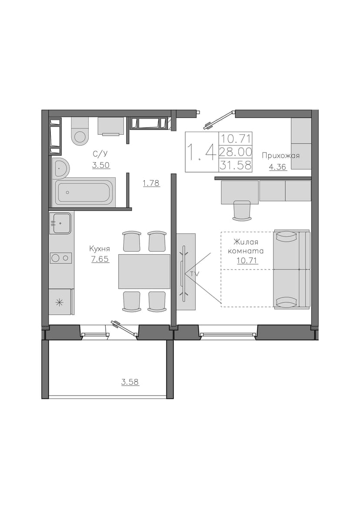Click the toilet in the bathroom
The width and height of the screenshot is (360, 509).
coord(80,131)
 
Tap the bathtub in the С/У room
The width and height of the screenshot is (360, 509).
coord(86,192)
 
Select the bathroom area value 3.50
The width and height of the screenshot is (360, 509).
coord(101,165)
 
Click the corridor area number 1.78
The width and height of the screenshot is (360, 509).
coord(151,183)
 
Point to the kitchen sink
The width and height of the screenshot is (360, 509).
coord(60,223)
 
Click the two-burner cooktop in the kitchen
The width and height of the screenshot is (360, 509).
coord(61,258)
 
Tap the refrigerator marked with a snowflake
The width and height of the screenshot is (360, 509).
coord(61,302)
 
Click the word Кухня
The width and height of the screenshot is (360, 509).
coord(100,249)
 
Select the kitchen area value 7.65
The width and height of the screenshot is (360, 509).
coord(100,259)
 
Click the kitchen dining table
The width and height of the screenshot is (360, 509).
coord(144,271)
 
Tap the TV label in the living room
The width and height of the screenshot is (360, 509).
coord(195,274)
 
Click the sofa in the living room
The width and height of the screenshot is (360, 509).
coord(291,269)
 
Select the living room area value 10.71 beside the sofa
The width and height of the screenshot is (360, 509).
coord(248,260)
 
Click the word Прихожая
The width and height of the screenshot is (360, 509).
coord(281,156)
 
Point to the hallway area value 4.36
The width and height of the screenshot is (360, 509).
coord(278,167)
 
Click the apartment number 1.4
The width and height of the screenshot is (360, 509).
coord(202,152)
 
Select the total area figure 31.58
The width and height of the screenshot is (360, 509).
coord(236,165)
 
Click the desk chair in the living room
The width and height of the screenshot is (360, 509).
coord(242,211)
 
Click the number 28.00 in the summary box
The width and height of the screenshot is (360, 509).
coord(236,152)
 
